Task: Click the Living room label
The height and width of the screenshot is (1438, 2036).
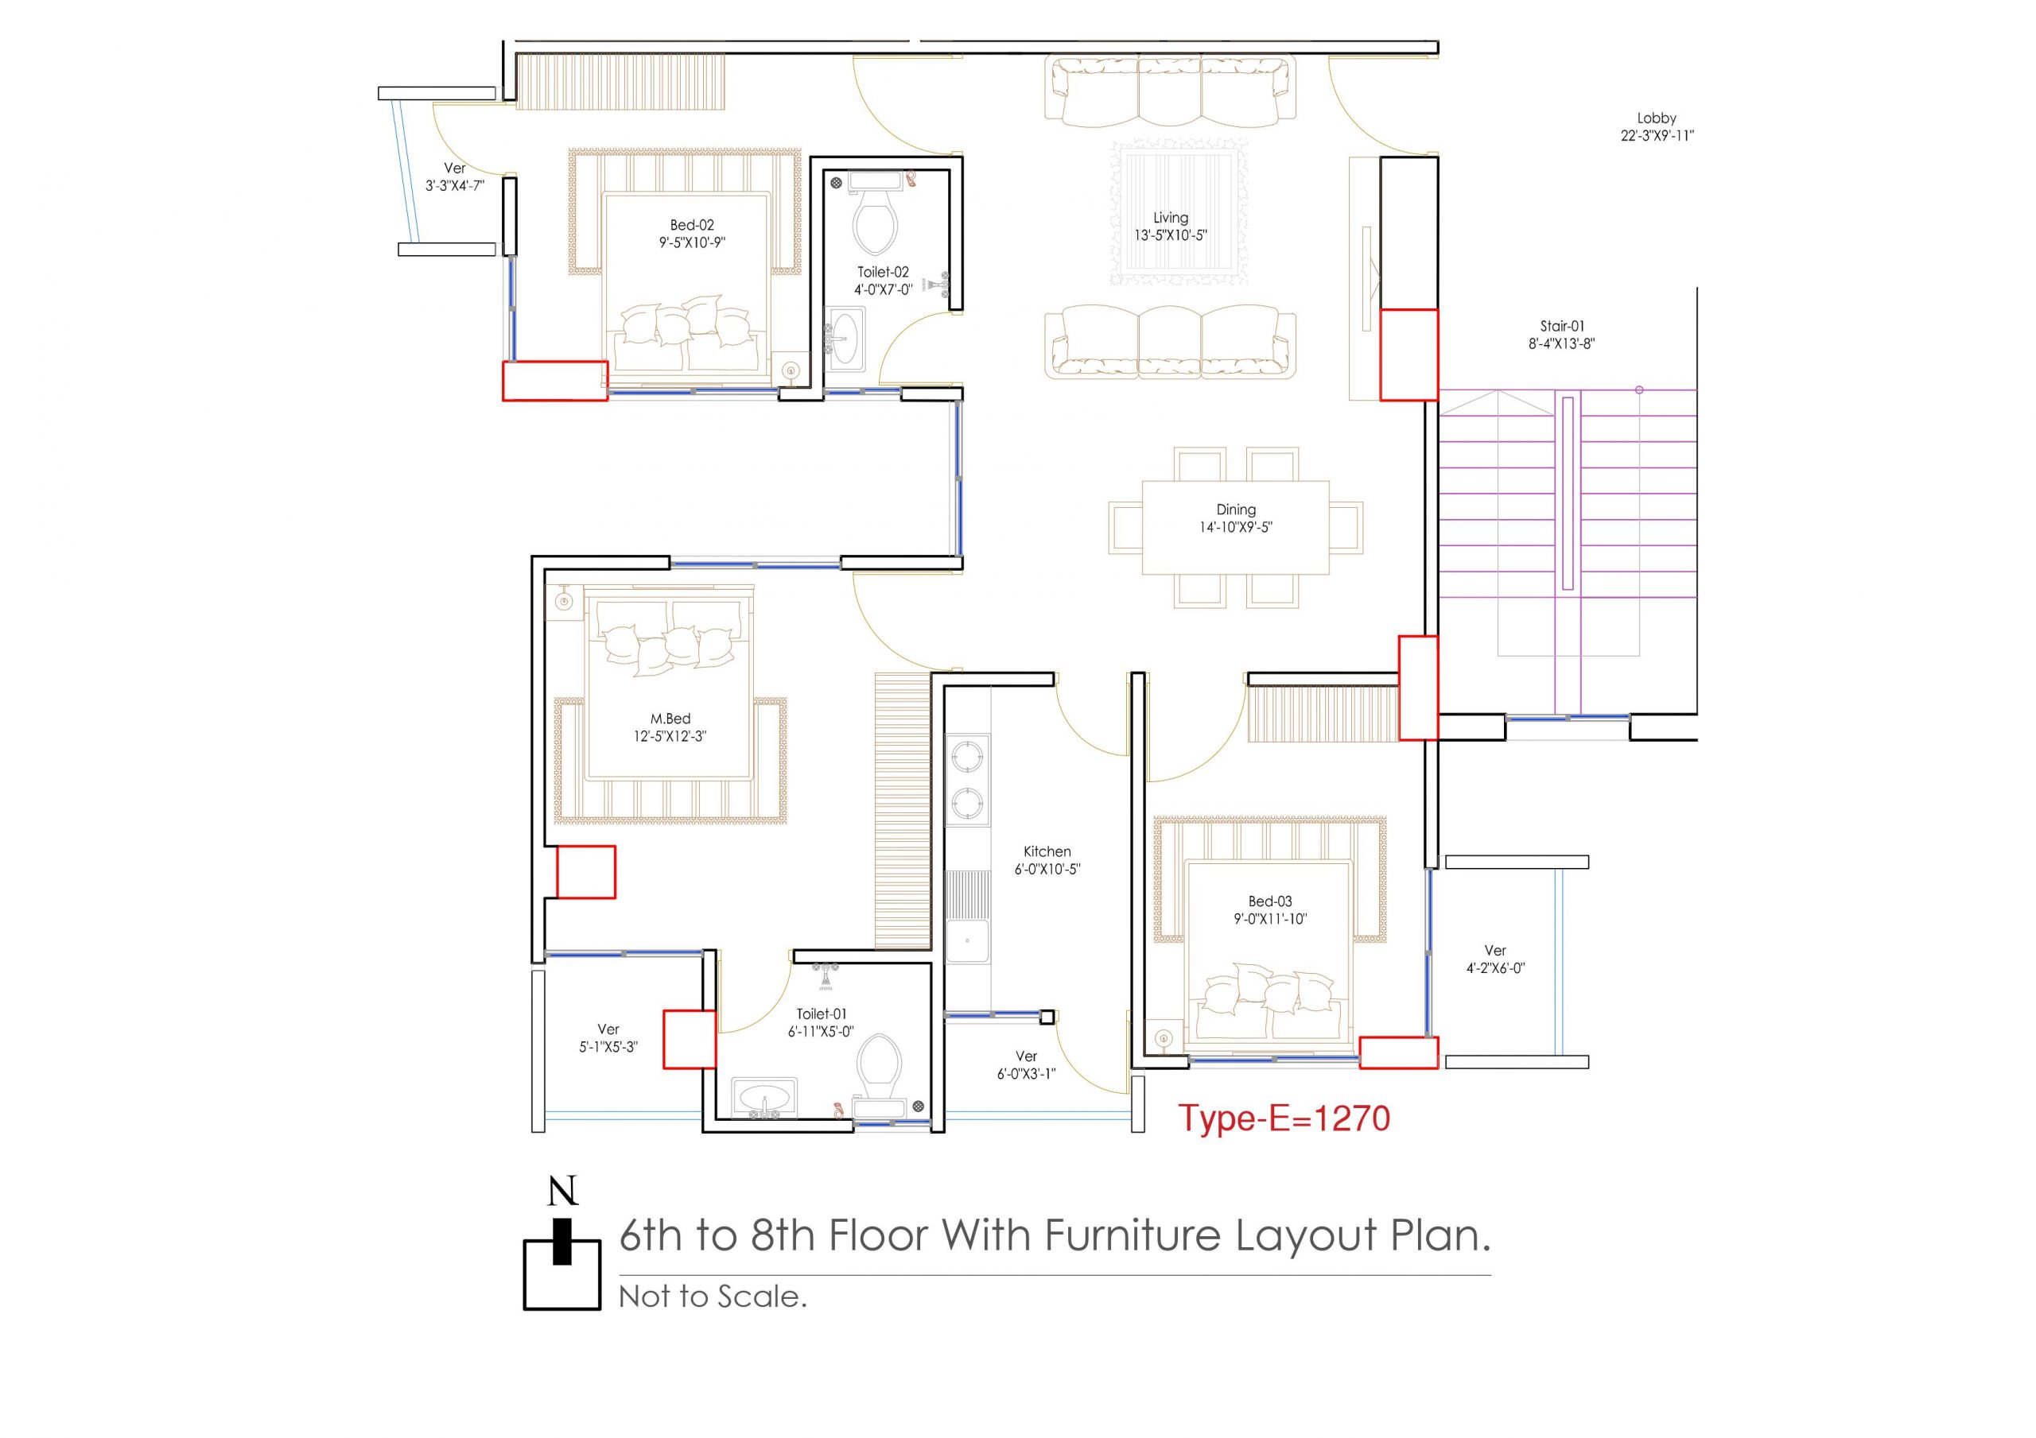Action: pyautogui.click(x=1171, y=217)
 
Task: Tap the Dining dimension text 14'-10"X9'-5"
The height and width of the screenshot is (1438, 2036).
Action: pyautogui.click(x=1236, y=528)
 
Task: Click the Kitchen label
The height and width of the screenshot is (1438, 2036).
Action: pyautogui.click(x=1047, y=851)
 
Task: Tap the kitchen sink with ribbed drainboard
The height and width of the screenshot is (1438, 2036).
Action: pyautogui.click(x=967, y=916)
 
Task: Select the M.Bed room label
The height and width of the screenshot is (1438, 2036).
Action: pyautogui.click(x=670, y=719)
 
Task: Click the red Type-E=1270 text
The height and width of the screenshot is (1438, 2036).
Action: pyautogui.click(x=1284, y=1118)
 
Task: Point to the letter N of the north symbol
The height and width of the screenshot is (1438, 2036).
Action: pyautogui.click(x=563, y=1192)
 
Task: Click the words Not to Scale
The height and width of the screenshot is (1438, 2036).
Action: pyautogui.click(x=713, y=1297)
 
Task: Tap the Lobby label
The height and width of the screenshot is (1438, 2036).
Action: pyautogui.click(x=1657, y=118)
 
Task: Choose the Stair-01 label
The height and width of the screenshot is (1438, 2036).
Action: pyautogui.click(x=1561, y=326)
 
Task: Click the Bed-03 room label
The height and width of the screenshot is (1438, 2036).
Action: pyautogui.click(x=1270, y=901)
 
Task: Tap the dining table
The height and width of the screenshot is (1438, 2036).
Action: pyautogui.click(x=1235, y=528)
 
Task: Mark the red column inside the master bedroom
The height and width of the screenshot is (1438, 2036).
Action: pyautogui.click(x=585, y=872)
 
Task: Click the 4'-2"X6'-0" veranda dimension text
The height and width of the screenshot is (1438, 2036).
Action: pyautogui.click(x=1495, y=969)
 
